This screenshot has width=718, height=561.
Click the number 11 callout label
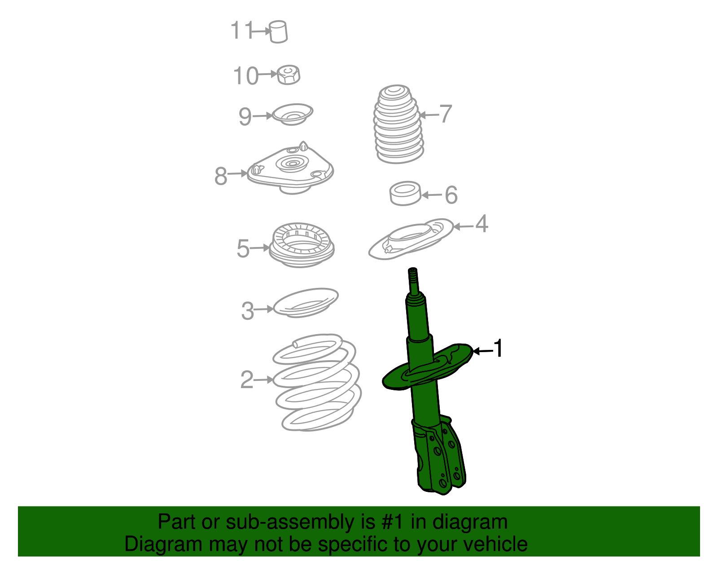pos(241,31)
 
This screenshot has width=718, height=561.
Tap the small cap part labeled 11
pos(279,32)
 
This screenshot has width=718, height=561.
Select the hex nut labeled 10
pos(289,75)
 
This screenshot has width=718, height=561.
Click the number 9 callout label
pos(245,117)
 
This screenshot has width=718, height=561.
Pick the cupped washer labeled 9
pos(293,114)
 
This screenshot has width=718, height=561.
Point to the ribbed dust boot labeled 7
pos(397,125)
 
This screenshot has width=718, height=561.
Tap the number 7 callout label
pos(445,114)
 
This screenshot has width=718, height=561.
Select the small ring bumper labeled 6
pos(405,194)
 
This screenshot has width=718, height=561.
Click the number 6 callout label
pos(451,195)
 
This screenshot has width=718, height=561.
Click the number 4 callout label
pos(481,224)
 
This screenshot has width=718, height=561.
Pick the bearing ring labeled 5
pos(301,245)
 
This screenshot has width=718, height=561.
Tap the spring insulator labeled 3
pos(306,303)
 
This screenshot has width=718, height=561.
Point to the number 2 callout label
pos(247,380)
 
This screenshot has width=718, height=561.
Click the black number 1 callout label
pos(498,349)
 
